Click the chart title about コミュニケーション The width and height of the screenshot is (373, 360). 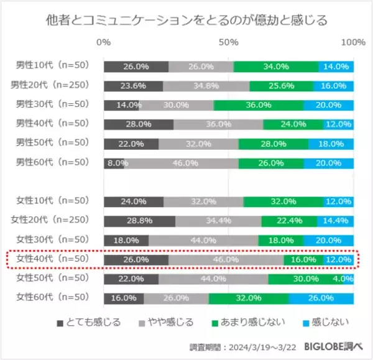click(x=186, y=21)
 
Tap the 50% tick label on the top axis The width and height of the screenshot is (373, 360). click(x=229, y=42)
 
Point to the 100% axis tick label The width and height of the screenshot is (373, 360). click(x=354, y=42)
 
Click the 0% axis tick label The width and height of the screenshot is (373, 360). click(x=104, y=42)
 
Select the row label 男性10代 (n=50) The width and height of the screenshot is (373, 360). click(x=53, y=65)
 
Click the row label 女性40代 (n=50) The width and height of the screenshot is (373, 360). click(x=53, y=259)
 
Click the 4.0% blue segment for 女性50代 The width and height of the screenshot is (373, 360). click(x=348, y=279)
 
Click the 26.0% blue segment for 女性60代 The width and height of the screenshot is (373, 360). click(x=321, y=298)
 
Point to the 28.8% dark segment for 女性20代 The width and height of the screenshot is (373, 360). click(x=139, y=221)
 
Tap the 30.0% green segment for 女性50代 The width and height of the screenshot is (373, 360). click(x=306, y=279)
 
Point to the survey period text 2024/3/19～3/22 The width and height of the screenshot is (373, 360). click(x=258, y=346)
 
